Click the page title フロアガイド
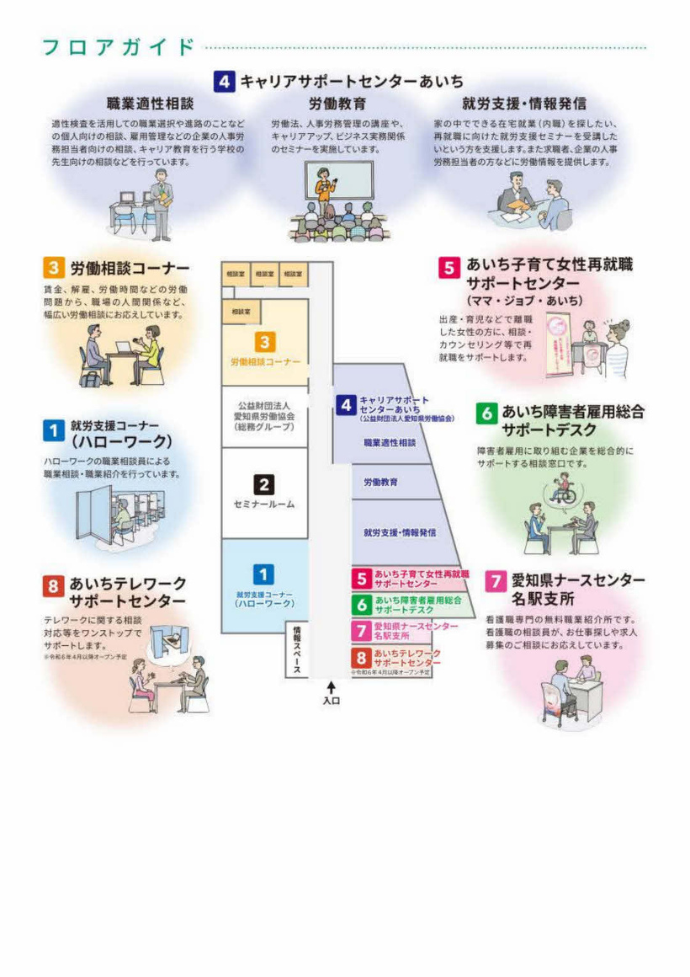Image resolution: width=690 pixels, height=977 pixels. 119,47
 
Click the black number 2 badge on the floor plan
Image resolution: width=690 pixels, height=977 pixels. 263,484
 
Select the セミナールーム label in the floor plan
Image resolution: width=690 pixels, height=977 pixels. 263,505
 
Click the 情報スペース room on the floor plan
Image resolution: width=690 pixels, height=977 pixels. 296,649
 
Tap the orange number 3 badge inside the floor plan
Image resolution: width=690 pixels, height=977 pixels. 264,342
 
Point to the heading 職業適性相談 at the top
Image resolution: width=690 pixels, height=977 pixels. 150,104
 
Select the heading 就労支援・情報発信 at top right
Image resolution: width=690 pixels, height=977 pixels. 524,104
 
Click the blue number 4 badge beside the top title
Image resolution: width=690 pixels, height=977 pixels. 224,82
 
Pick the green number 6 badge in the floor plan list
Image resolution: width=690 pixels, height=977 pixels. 362,605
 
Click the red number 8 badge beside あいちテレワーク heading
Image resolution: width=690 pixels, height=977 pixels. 53,584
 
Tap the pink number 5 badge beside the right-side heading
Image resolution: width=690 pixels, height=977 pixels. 448,267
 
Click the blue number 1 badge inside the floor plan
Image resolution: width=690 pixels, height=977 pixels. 263,574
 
